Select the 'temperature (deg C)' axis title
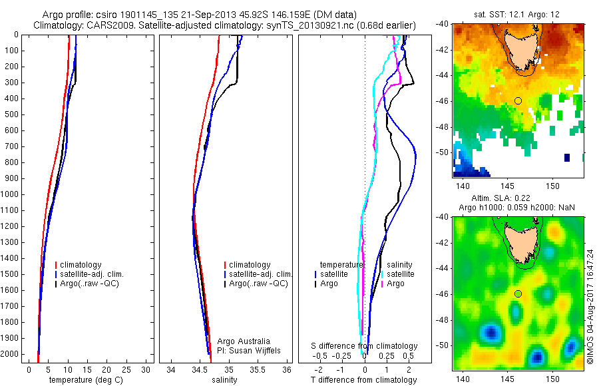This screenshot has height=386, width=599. tap(87, 380)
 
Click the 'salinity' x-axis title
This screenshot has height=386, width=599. tap(224, 380)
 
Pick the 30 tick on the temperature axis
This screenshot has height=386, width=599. tap(146, 369)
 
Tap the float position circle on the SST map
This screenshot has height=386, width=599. tap(518, 100)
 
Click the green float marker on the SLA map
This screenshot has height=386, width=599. tap(518, 293)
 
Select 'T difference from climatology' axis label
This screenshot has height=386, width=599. tap(364, 380)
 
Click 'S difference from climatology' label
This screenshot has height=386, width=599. tap(364, 346)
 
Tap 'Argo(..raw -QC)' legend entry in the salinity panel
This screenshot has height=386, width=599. tap(258, 284)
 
